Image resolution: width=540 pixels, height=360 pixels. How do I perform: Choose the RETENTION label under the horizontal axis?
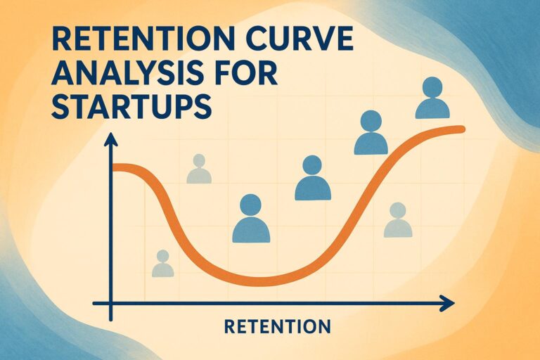(x=277, y=326)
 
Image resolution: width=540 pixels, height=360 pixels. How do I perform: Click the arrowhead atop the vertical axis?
(x=110, y=140)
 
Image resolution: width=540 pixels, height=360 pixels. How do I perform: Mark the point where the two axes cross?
(x=110, y=303)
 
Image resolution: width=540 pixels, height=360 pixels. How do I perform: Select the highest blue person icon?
(x=432, y=98)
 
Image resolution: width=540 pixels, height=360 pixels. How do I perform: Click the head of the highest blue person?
(x=432, y=87)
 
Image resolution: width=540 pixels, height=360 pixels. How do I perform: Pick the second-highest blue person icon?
(x=371, y=134)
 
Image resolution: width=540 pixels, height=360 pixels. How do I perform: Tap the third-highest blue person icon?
(x=313, y=179)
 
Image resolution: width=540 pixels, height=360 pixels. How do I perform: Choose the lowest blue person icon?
(x=251, y=219)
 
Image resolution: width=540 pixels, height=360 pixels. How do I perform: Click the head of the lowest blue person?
(x=251, y=206)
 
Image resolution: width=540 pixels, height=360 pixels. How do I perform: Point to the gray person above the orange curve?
(x=199, y=169)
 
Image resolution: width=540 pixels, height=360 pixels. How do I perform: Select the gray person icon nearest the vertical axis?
(x=162, y=264)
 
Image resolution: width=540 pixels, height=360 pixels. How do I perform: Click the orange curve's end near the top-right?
(x=461, y=129)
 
